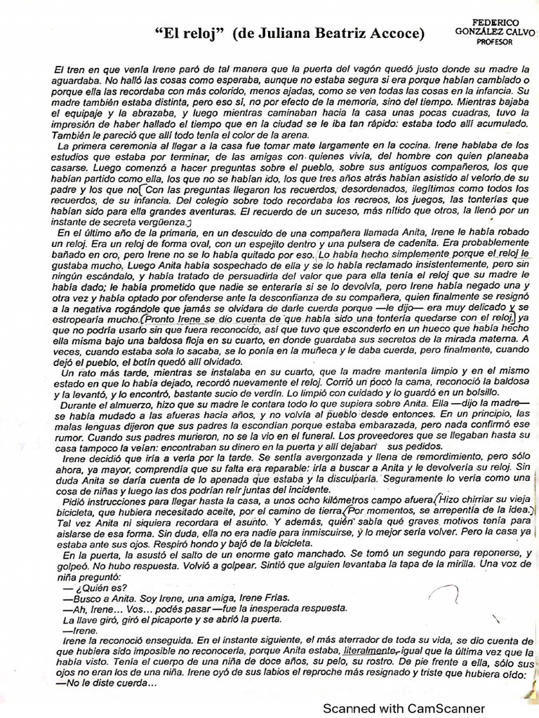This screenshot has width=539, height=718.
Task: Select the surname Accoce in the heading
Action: tap(394, 33)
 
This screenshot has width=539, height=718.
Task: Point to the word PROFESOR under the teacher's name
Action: tap(495, 41)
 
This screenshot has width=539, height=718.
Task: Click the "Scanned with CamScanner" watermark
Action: tap(404, 708)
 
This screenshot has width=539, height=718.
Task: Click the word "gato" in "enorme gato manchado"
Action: tap(260, 554)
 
